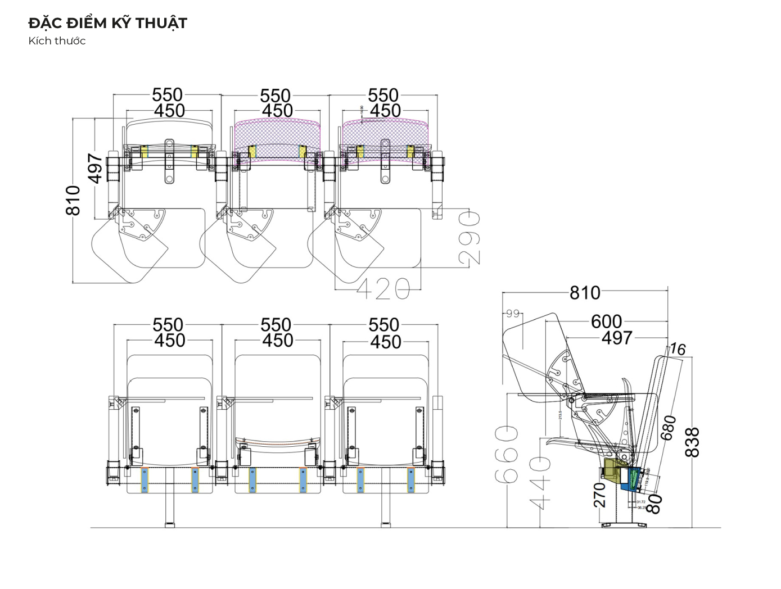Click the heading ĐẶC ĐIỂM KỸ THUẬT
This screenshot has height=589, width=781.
tap(107, 23)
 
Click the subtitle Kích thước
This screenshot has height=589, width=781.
tap(57, 40)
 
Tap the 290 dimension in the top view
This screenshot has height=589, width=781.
tap(470, 238)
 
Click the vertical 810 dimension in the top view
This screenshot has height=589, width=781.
tap(74, 200)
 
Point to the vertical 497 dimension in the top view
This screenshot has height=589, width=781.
tap(96, 168)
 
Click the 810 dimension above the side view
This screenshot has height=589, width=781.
tap(585, 293)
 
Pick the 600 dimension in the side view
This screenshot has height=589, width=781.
tap(606, 321)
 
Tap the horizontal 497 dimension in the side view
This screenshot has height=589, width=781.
tap(617, 338)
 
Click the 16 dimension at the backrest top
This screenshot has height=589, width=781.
tap(678, 350)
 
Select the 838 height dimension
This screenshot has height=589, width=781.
tap(693, 442)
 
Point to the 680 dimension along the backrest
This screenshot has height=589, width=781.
tap(669, 428)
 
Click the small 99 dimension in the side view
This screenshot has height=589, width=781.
tap(513, 313)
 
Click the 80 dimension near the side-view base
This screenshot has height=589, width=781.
tap(654, 504)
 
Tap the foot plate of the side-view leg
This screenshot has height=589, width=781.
tap(624, 525)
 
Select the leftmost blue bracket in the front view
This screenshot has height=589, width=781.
tap(145, 480)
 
